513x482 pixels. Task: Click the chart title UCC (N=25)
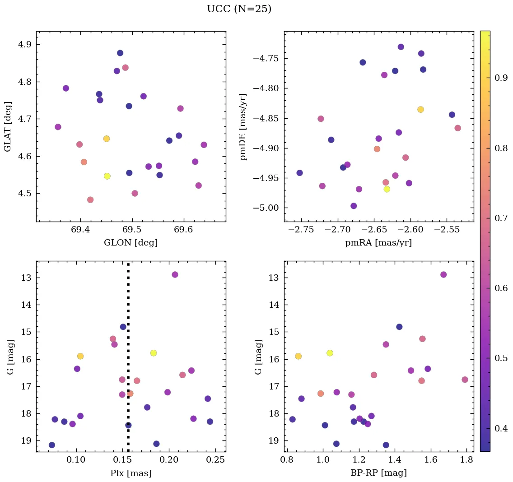point(239,9)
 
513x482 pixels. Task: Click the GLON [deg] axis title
point(131,243)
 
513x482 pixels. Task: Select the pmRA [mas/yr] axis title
point(378,243)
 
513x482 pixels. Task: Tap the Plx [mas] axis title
point(131,473)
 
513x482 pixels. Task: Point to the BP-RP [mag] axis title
point(378,473)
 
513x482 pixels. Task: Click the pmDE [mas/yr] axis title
point(244,126)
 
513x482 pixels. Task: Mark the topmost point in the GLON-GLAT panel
point(120,53)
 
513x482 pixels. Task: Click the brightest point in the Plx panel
point(175,274)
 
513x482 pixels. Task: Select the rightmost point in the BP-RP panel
point(465,380)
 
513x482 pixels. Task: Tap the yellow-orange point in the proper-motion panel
point(420,109)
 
